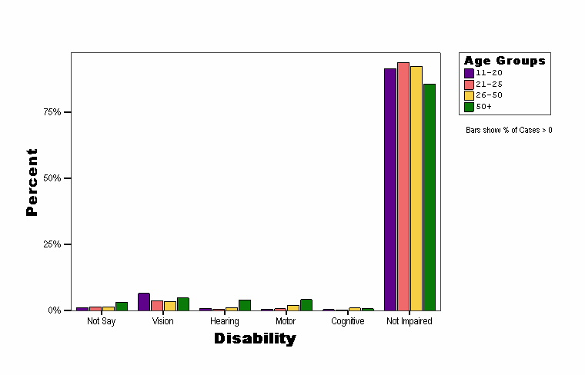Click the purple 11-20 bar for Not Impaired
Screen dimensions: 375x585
pos(390,189)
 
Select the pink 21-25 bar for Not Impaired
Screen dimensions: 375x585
pos(403,186)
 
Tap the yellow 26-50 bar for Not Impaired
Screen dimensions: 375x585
pos(416,188)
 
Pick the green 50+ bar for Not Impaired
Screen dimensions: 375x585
pos(430,197)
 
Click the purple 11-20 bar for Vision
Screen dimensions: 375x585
pos(144,302)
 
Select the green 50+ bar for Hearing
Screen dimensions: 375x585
pos(245,305)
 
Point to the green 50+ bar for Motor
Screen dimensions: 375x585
pos(306,305)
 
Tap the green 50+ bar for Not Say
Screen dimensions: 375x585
pos(122,307)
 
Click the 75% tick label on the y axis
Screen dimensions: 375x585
pos(52,112)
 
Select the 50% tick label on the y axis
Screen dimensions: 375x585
pos(52,178)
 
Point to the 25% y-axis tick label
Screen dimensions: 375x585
pos(52,244)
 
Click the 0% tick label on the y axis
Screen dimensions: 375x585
pos(55,310)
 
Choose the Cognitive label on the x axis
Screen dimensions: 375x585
pos(347,321)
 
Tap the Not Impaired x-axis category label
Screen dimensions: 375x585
pos(409,321)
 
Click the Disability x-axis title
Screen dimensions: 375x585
pos(255,338)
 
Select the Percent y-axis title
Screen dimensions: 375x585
pos(32,182)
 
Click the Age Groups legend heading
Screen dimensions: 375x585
pos(504,61)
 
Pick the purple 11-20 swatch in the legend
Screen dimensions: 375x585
pos(469,73)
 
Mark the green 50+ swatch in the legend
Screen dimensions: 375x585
pos(469,107)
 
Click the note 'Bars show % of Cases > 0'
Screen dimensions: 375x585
pos(509,131)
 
